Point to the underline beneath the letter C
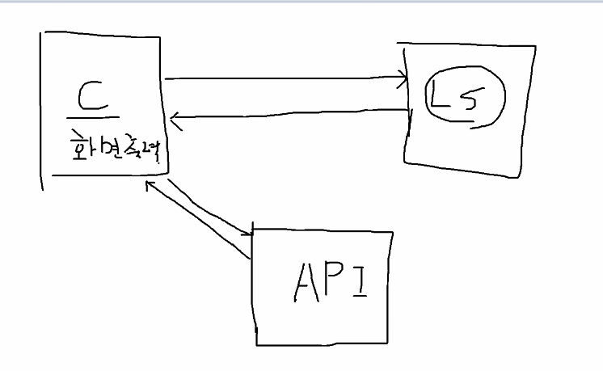point(94,117)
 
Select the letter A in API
point(304,280)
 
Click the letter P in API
point(334,280)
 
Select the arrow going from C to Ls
point(283,79)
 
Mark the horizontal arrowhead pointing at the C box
point(175,121)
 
